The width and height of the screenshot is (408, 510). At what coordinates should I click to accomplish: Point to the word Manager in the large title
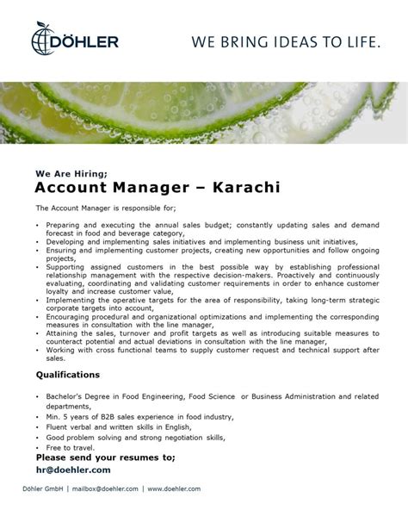pyautogui.click(x=138, y=186)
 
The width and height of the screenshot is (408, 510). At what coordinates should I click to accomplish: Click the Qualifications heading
pyautogui.click(x=68, y=375)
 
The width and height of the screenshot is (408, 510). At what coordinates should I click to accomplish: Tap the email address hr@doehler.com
pyautogui.click(x=73, y=470)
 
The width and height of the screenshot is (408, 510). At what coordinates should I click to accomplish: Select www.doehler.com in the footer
pyautogui.click(x=174, y=488)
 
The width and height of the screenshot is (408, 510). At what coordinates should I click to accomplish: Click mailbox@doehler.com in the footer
pyautogui.click(x=108, y=488)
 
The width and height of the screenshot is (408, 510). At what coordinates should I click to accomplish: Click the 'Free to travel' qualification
pyautogui.click(x=65, y=448)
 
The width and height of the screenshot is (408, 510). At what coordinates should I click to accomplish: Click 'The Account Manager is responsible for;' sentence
pyautogui.click(x=106, y=208)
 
